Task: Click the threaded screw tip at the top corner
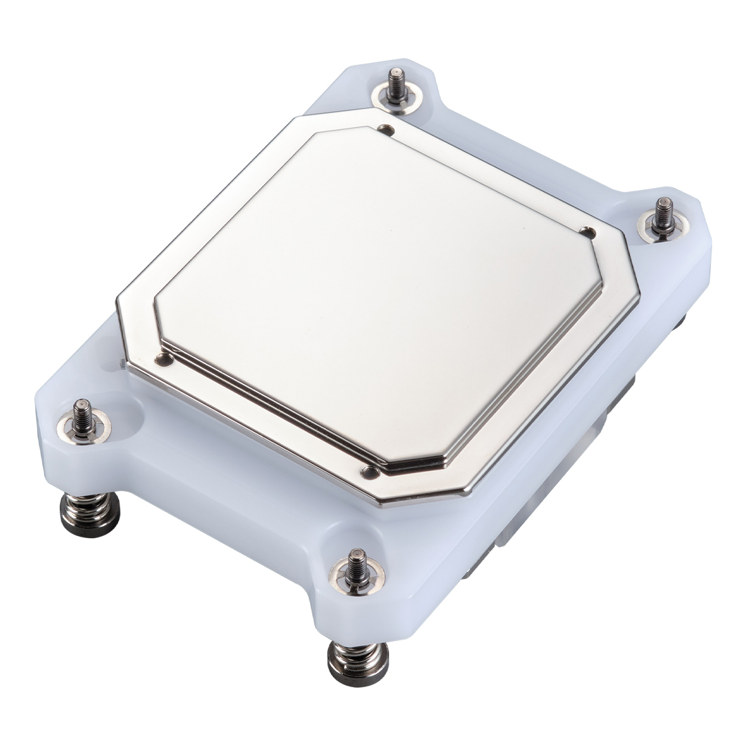pos(396,82)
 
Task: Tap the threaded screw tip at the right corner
pos(663,211)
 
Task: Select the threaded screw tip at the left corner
pos(83,413)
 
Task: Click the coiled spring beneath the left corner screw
pos(90,504)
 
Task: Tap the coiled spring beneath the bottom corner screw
pos(358,652)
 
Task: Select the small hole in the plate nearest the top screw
pos(388,130)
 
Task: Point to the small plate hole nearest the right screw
pos(588,233)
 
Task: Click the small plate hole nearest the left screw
pos(164,359)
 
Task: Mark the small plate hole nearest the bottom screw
pos(370,472)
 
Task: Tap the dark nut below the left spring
pos(90,524)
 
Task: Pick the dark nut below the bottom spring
pos(358,673)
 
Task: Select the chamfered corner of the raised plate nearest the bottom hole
pos(414,461)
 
